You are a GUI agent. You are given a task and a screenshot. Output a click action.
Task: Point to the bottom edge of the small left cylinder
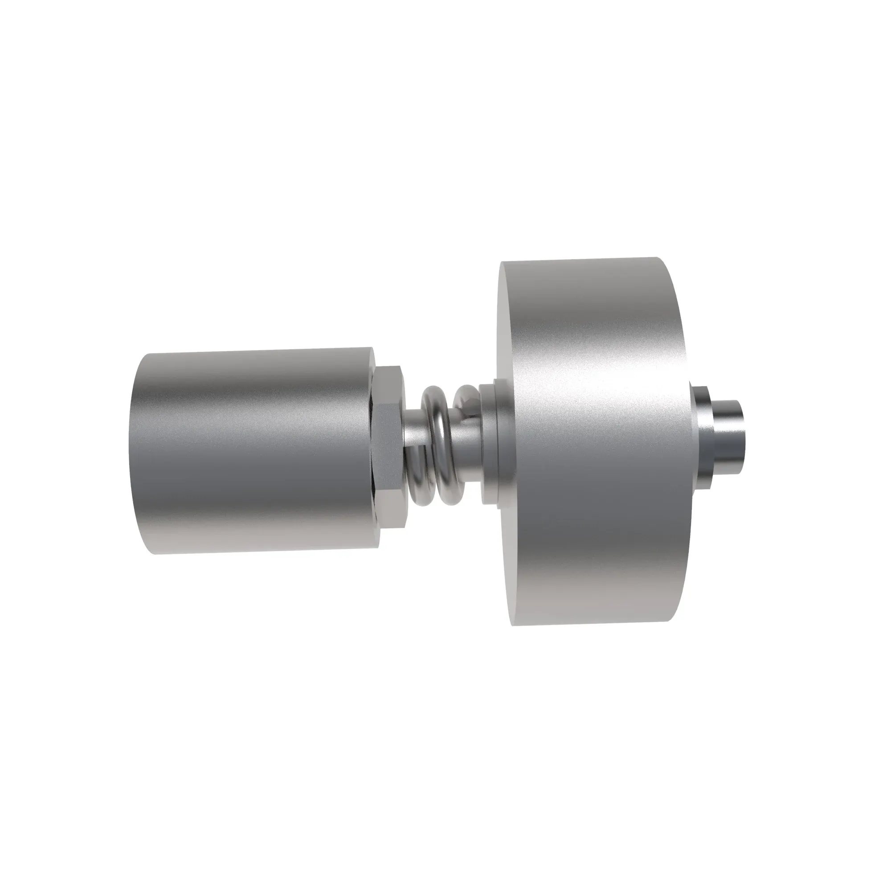click(258, 552)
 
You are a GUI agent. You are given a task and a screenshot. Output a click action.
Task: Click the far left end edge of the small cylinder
click(134, 452)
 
